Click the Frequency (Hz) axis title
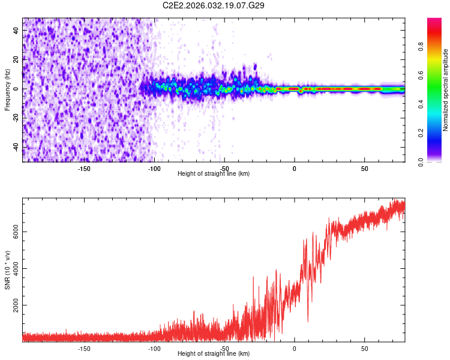tap(7, 89)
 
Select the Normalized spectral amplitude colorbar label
tap(446, 90)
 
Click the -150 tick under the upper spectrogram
tap(84, 169)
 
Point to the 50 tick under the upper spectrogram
tap(365, 169)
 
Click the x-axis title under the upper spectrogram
tap(214, 174)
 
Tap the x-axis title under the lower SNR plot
tap(214, 354)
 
